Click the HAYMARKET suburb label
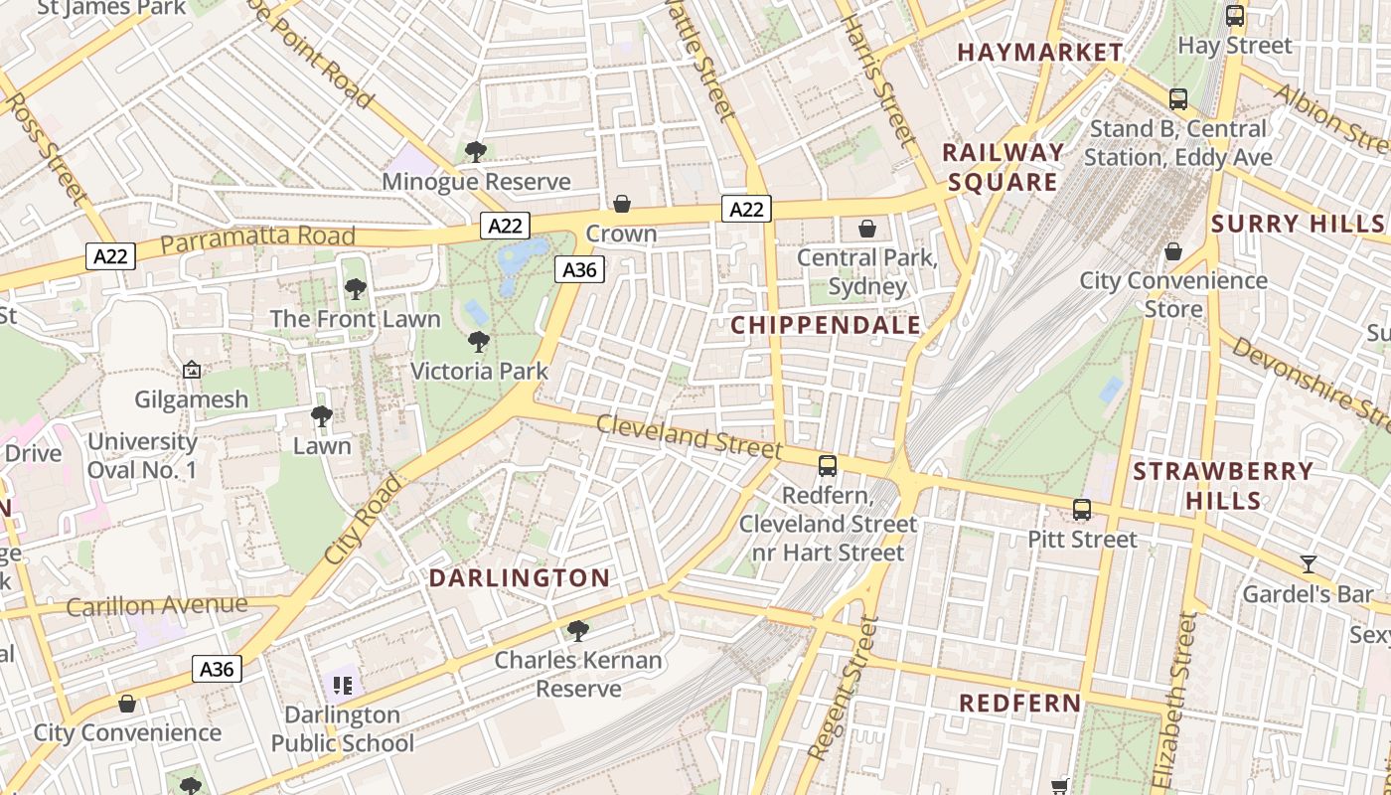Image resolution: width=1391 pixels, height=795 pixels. click(1040, 53)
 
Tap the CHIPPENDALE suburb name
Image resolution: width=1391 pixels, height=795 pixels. click(826, 325)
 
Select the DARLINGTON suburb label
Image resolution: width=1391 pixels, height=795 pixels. click(520, 577)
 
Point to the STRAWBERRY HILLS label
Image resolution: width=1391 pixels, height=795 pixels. click(1223, 485)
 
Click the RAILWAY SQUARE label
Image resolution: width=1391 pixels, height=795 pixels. click(1003, 167)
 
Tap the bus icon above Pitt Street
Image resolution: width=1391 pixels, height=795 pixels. click(1082, 510)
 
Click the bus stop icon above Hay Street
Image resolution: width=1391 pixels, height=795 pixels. click(1235, 16)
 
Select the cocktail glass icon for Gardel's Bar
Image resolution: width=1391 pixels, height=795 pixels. click(1309, 564)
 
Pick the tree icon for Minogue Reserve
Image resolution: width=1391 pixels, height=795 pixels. click(476, 152)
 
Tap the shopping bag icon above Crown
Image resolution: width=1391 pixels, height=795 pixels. click(622, 204)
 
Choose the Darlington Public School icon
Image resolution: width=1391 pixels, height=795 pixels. click(343, 685)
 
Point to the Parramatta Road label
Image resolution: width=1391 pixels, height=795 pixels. click(257, 238)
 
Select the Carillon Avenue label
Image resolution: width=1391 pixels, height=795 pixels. click(157, 605)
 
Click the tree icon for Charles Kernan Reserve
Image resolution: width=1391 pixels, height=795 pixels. click(577, 630)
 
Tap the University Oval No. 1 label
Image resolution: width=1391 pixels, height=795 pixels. click(142, 455)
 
